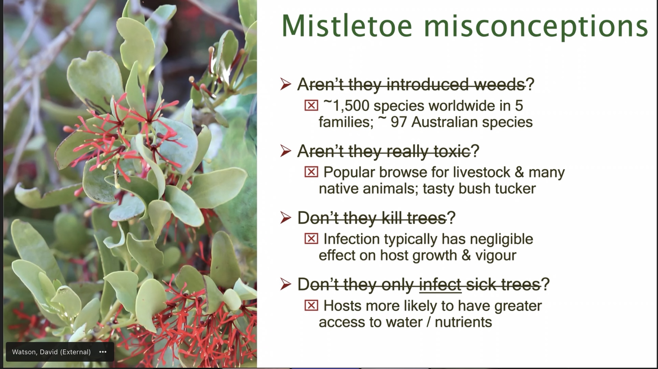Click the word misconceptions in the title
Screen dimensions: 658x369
coord(536,27)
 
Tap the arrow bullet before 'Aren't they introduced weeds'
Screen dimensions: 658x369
coord(286,84)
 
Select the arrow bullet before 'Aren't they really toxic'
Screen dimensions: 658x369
coord(286,151)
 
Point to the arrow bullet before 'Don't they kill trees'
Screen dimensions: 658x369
coord(286,218)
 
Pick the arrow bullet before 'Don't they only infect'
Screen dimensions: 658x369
coord(286,284)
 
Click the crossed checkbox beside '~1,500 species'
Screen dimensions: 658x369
coord(311,105)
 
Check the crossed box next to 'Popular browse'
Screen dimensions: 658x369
coord(311,172)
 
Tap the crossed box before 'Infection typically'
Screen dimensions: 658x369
coord(311,239)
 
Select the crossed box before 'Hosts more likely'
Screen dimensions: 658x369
coord(311,305)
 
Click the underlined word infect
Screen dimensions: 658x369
coord(440,284)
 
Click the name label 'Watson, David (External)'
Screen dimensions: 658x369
coord(51,352)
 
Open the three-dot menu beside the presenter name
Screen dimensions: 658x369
coord(103,352)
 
